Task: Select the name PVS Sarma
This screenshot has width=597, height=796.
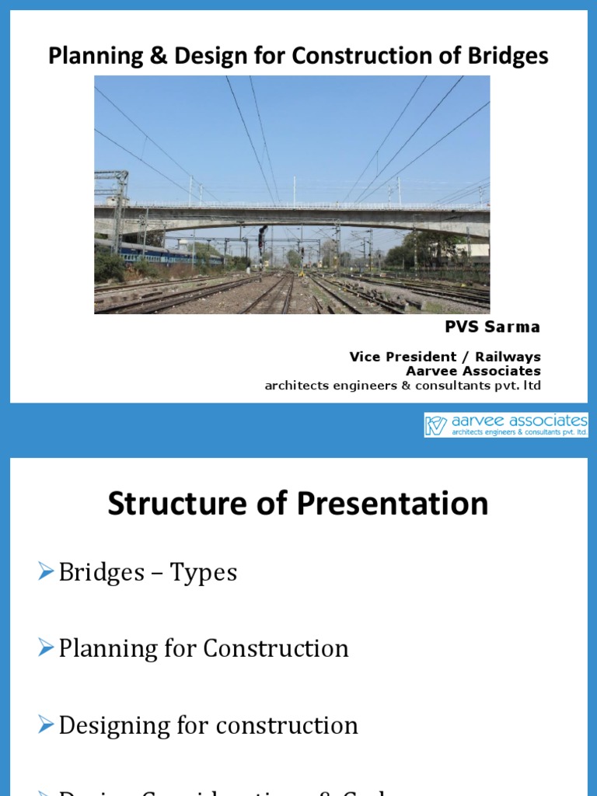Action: point(492,327)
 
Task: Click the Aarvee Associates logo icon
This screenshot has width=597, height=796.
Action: point(436,425)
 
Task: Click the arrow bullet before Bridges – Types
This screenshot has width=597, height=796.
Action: point(46,572)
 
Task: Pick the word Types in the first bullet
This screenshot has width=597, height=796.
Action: point(204,573)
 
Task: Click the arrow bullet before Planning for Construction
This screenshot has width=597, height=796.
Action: point(46,648)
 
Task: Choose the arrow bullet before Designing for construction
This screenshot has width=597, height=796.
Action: point(46,724)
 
